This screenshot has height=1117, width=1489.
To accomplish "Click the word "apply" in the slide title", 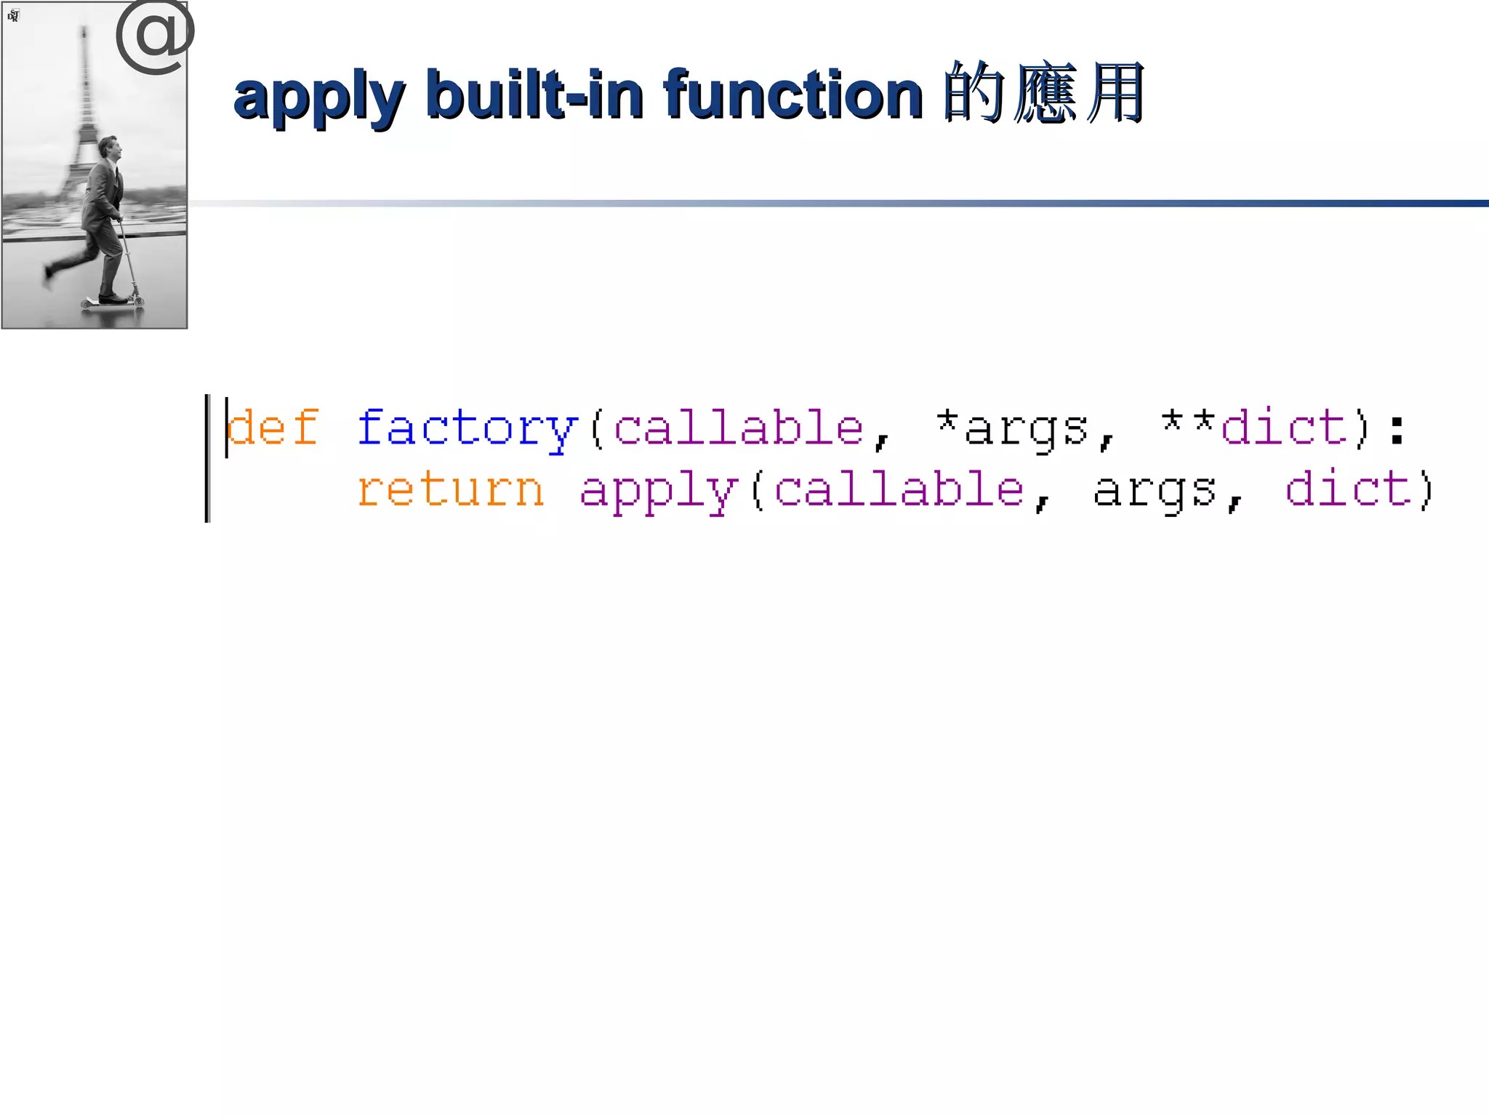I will pyautogui.click(x=318, y=97).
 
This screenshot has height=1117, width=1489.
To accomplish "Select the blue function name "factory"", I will pyautogui.click(x=467, y=428).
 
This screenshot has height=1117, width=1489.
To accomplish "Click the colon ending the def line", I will pyautogui.click(x=1397, y=429).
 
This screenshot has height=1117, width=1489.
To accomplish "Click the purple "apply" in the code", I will pyautogui.click(x=659, y=491).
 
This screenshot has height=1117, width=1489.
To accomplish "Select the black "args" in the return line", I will pyautogui.click(x=1155, y=491).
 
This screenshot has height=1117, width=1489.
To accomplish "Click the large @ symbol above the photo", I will pyautogui.click(x=155, y=36).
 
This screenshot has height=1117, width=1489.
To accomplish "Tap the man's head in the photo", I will pyautogui.click(x=109, y=148).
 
